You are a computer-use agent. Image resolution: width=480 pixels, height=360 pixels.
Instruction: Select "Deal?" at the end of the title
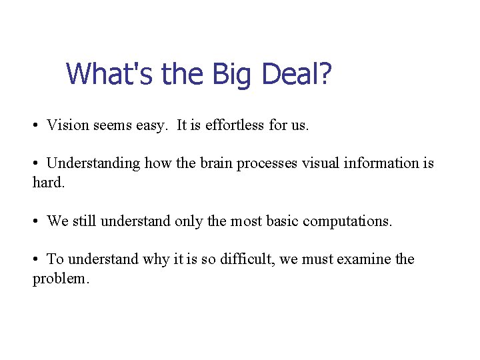pos(297,73)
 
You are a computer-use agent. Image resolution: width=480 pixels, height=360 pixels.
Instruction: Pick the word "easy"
pos(151,126)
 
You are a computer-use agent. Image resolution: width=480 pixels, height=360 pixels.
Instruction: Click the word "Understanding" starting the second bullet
pos(93,163)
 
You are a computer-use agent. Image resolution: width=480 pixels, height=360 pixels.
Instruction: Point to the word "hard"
pos(47,182)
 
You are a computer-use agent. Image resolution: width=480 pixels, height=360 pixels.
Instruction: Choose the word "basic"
pos(279,221)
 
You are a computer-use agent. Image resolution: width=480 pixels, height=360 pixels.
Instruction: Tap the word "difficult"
pos(251,259)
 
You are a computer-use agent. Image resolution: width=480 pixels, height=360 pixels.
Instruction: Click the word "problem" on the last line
pos(59,279)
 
